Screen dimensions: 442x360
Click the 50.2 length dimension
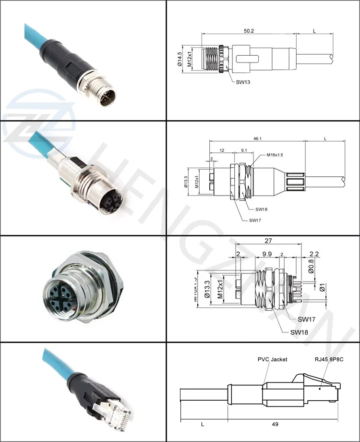(x=248, y=30)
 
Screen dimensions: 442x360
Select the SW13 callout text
(x=243, y=82)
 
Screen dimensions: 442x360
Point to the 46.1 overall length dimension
(x=257, y=138)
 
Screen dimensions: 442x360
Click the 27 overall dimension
(x=269, y=241)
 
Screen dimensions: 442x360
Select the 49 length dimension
(x=275, y=424)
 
